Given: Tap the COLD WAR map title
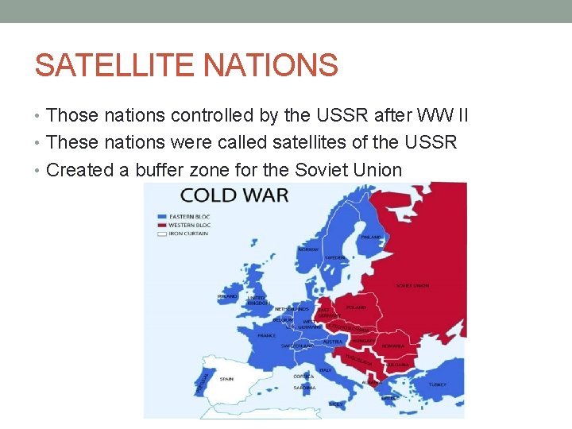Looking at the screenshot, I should [234, 195].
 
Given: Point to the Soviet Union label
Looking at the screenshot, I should [412, 286].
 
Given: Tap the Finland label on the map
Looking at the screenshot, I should [371, 236].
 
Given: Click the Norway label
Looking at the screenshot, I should [308, 249].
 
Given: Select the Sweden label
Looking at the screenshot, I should [334, 258].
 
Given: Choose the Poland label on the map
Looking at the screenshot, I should [356, 307].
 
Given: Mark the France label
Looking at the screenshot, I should [267, 335].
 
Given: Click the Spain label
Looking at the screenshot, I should [226, 379].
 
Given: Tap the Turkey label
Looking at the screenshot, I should [438, 385].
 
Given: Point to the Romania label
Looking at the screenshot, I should [392, 346].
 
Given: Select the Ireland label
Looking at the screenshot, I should [227, 296].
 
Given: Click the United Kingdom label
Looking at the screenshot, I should [257, 300].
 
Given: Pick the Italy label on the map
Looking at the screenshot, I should [325, 369].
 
